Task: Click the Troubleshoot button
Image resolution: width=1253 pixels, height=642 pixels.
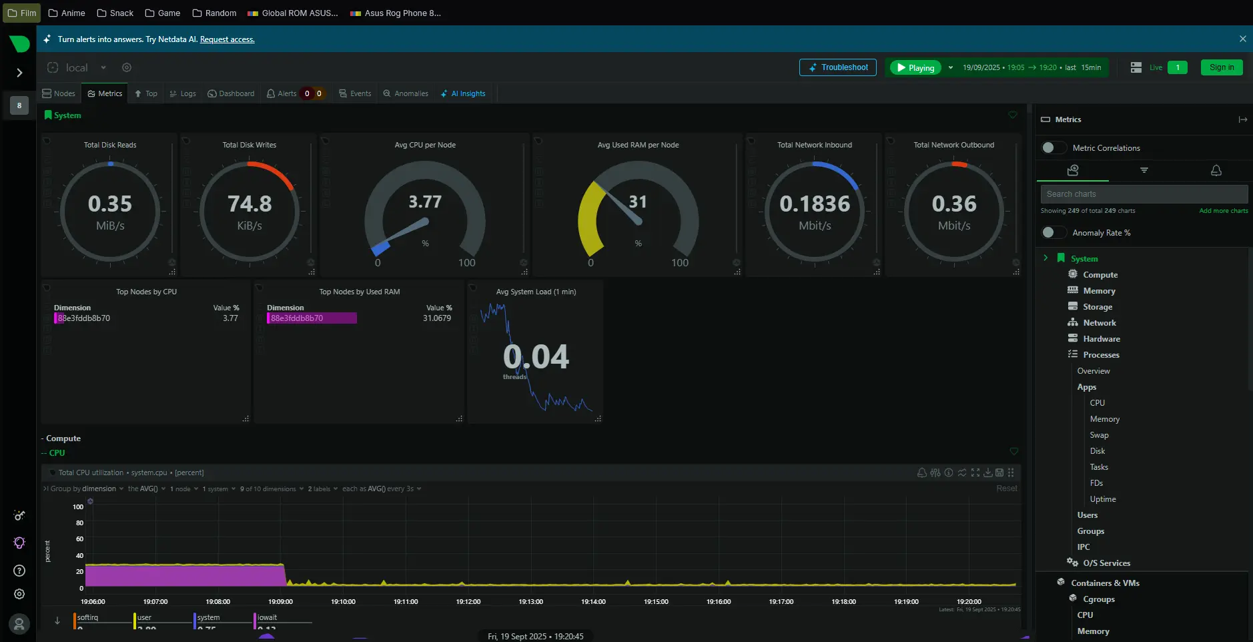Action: [837, 67]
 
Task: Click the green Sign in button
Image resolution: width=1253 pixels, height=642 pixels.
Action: [1221, 67]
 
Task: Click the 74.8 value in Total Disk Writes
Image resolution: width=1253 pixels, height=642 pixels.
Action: [250, 204]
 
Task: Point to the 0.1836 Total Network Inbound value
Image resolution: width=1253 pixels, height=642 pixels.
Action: [815, 204]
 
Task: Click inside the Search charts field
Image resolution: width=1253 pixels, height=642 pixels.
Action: [1144, 194]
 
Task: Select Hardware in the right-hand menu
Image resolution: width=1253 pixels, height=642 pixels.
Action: [1101, 339]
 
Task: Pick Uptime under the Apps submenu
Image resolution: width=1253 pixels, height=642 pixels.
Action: [1102, 499]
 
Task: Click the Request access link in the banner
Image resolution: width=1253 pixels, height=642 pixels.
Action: [227, 39]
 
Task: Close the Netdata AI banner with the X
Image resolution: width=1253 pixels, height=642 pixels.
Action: [1242, 39]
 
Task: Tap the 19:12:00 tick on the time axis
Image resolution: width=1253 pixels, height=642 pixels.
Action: [468, 601]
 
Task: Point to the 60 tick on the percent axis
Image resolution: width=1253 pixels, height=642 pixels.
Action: [79, 539]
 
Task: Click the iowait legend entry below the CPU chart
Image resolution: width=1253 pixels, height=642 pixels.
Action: [267, 617]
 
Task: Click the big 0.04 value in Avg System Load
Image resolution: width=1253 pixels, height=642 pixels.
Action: [536, 356]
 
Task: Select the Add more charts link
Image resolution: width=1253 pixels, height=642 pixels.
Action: [1223, 211]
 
